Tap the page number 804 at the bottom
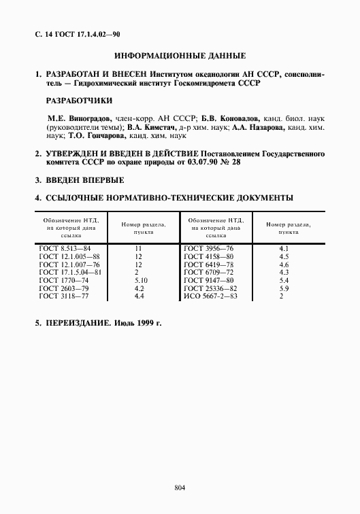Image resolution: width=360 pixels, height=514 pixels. pyautogui.click(x=180, y=487)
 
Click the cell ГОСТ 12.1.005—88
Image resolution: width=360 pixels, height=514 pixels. pyautogui.click(x=69, y=257)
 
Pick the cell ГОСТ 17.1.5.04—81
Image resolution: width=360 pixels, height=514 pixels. pyautogui.click(x=71, y=273)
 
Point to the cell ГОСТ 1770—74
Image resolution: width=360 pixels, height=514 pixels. pyautogui.click(x=63, y=280)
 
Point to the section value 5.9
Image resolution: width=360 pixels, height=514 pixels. pyautogui.click(x=284, y=288)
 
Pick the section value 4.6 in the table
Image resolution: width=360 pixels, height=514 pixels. pyautogui.click(x=284, y=264)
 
